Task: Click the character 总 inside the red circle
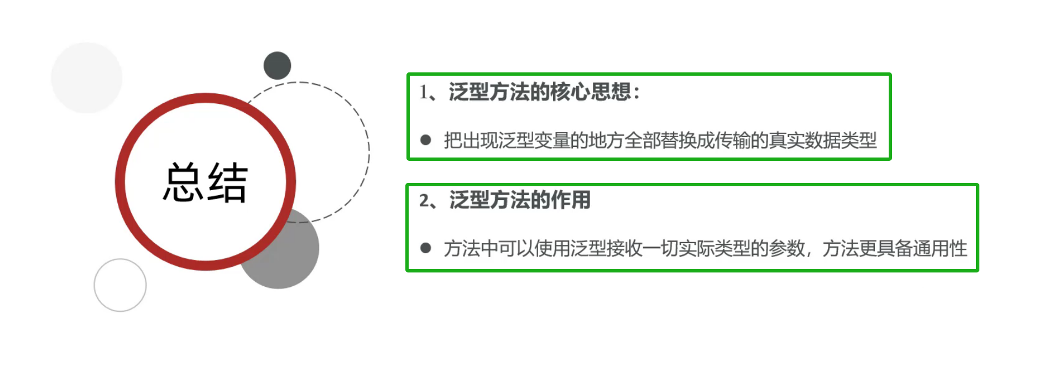tap(183, 182)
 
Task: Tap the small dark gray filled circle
tap(277, 66)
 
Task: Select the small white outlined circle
tap(120, 285)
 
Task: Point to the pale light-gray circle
tap(86, 78)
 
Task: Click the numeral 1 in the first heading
tap(424, 92)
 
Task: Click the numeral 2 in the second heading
tap(424, 200)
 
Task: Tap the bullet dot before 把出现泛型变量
tap(425, 140)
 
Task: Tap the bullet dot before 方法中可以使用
tap(425, 248)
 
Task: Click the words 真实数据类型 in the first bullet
tap(823, 140)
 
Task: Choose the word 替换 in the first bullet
tap(678, 140)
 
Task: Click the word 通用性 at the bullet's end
tap(940, 248)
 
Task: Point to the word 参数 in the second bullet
tap(786, 248)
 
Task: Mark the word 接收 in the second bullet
tap(624, 248)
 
